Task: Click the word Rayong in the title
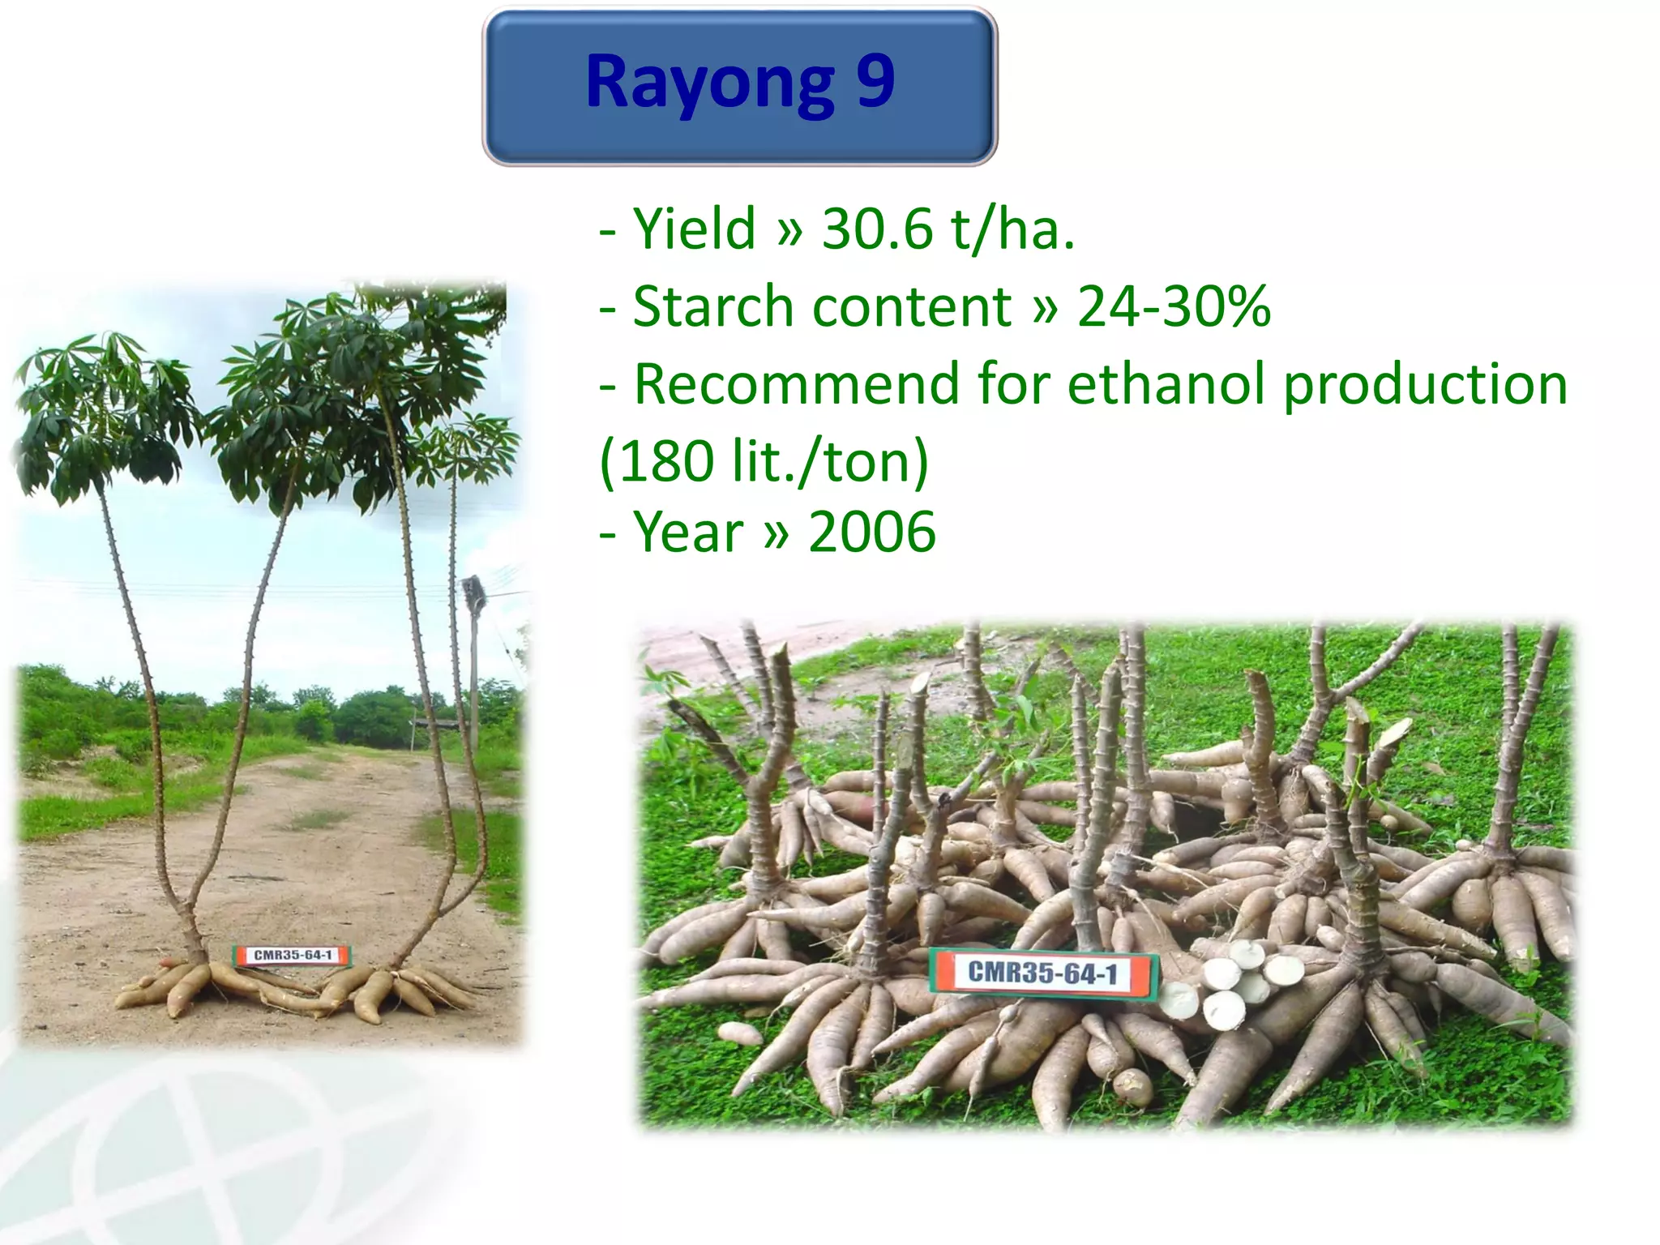710,83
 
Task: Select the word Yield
694,229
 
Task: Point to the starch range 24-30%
1173,307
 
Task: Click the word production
1426,385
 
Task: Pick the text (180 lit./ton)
764,461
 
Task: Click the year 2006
872,533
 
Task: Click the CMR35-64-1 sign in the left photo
293,955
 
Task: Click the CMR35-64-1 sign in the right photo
1042,973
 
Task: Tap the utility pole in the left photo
473,648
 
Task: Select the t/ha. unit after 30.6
1013,229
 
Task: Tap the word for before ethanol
1013,383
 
